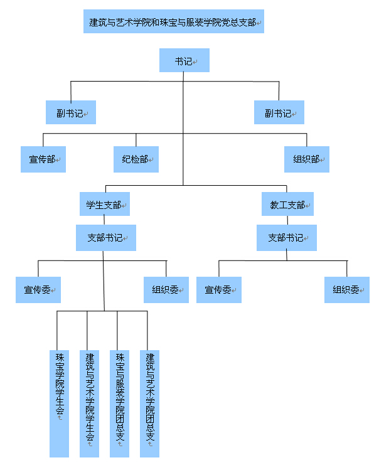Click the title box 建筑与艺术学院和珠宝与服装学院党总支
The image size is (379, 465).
click(x=173, y=21)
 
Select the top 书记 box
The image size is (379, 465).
click(x=184, y=60)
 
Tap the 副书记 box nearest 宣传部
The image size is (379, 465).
click(x=69, y=113)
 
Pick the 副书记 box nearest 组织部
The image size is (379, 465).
click(x=279, y=113)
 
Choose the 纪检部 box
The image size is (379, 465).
click(x=136, y=159)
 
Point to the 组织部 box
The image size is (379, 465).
click(x=306, y=159)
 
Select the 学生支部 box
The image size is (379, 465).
click(x=104, y=205)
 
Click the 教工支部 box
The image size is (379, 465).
click(x=287, y=205)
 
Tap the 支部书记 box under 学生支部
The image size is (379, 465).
click(x=106, y=238)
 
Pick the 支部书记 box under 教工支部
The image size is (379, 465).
click(x=287, y=238)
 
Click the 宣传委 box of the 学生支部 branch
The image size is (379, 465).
click(x=38, y=289)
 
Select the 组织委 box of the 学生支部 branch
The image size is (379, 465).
click(x=166, y=289)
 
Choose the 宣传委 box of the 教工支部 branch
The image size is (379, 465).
click(x=218, y=289)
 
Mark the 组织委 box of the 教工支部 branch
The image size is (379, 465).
click(x=347, y=289)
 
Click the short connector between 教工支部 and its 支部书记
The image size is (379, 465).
click(x=287, y=221)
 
